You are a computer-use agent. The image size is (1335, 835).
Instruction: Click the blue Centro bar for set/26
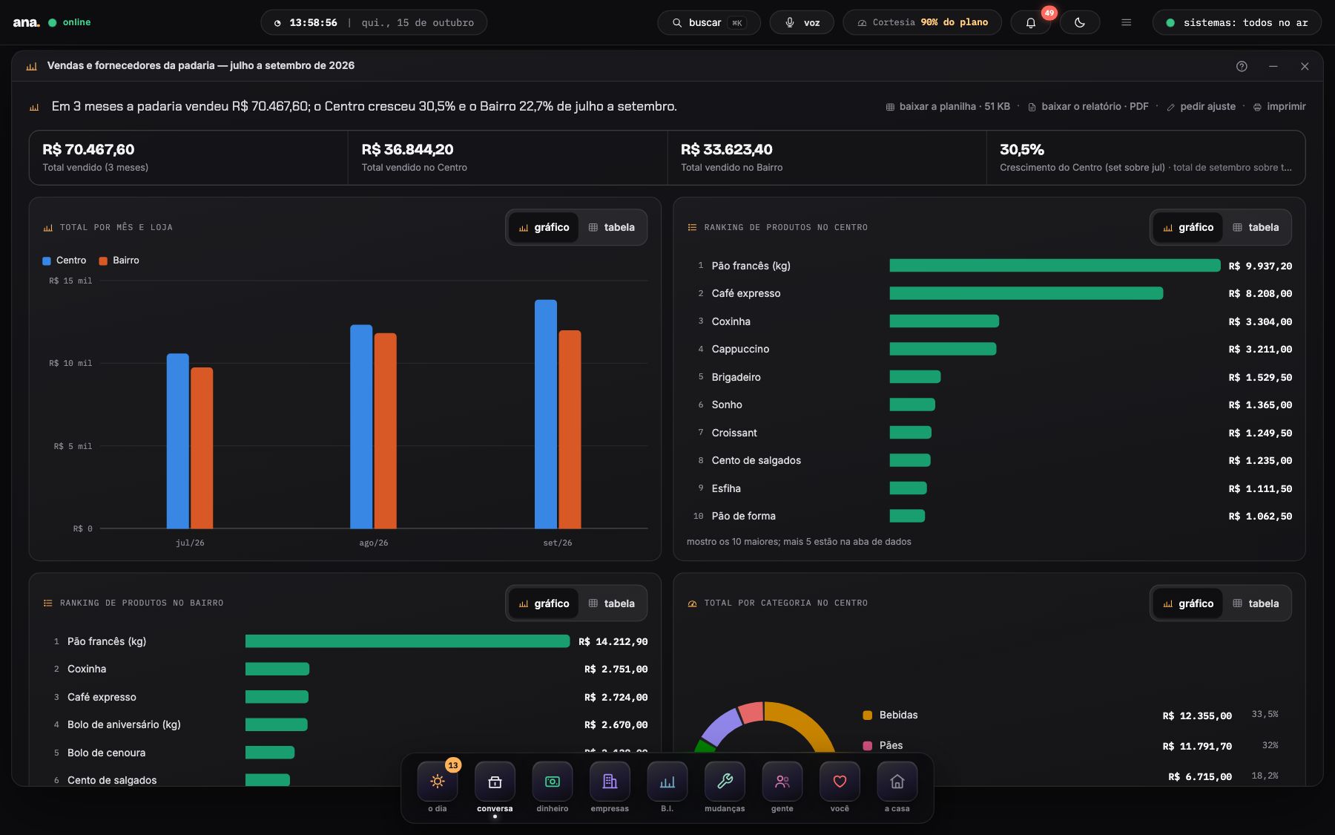(x=546, y=414)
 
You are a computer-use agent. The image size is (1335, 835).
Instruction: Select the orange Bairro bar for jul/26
(x=202, y=448)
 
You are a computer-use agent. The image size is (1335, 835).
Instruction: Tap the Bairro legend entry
(x=119, y=261)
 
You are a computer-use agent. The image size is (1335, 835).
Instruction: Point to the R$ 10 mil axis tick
(x=70, y=363)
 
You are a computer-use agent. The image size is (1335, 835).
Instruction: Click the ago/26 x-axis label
(x=374, y=543)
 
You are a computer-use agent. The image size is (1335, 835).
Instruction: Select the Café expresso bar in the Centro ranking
(x=1026, y=293)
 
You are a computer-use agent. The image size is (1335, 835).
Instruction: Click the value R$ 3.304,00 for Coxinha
(x=1260, y=321)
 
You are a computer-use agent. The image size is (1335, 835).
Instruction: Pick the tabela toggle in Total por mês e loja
(x=612, y=227)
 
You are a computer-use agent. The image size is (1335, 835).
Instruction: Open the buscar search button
(x=708, y=22)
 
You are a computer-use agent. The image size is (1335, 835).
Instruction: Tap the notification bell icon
(x=1031, y=23)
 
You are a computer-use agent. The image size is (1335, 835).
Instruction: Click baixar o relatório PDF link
(x=1088, y=106)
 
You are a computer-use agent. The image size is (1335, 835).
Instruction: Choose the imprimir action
(x=1279, y=106)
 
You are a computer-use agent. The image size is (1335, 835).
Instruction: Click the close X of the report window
(x=1305, y=66)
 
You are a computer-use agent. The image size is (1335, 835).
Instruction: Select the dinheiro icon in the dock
(x=553, y=782)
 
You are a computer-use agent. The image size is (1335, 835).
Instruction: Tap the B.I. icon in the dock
(x=667, y=782)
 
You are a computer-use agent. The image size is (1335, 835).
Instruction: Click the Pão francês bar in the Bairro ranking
(x=407, y=641)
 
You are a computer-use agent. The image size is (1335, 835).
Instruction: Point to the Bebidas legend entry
(x=890, y=715)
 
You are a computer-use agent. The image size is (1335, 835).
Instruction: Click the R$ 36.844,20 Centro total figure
(x=407, y=149)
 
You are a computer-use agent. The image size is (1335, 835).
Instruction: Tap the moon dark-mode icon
(x=1080, y=22)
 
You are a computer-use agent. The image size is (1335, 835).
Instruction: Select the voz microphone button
(x=802, y=22)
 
